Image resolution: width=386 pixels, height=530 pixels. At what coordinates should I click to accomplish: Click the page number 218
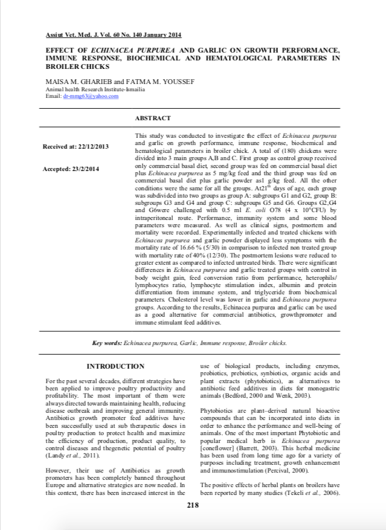193,505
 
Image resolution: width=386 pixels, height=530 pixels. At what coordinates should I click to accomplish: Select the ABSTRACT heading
153,118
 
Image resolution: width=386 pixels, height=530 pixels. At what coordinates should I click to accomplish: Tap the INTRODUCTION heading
115,366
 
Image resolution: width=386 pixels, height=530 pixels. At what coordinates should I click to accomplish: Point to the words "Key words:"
106,343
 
